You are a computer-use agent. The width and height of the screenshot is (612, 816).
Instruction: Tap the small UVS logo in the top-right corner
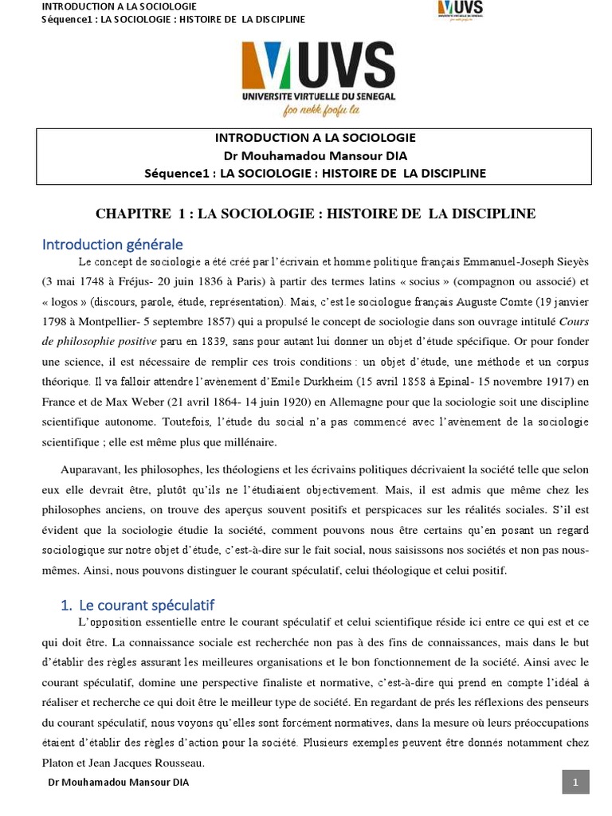pos(460,10)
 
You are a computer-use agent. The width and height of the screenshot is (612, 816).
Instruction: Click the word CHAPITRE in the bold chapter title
pos(132,214)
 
